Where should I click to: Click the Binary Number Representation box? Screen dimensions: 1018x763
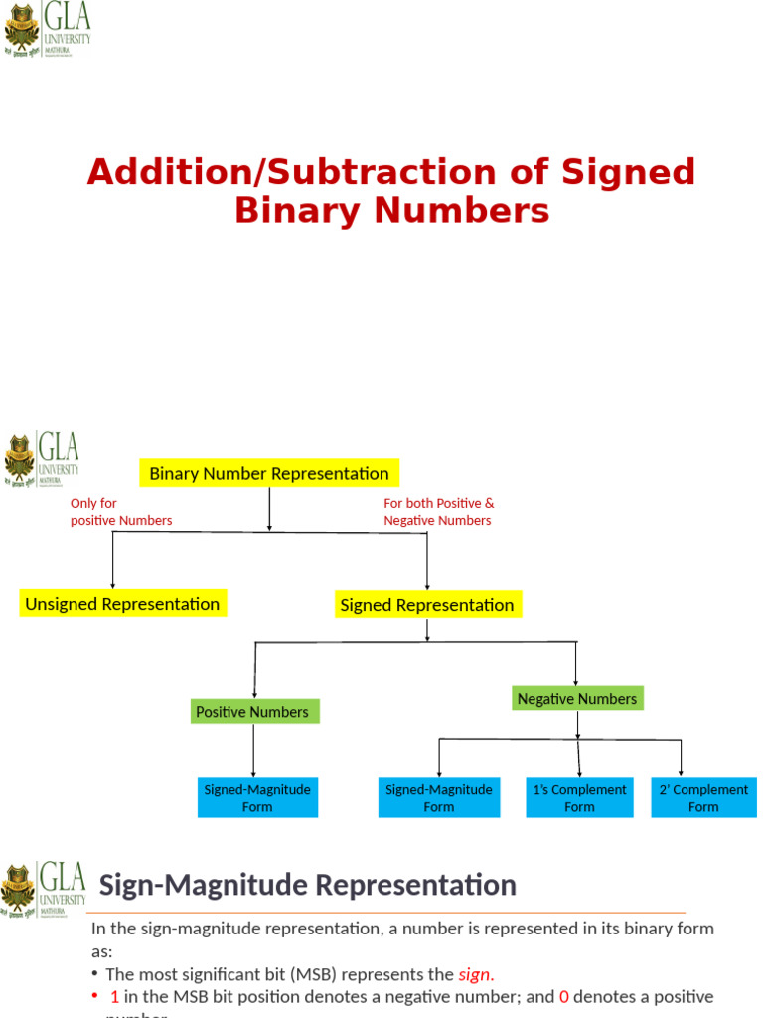269,473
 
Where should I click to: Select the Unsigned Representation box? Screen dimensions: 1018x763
122,604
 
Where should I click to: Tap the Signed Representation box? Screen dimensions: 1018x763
427,605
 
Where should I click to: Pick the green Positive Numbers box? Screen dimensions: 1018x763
252,712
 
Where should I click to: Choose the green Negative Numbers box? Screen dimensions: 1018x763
577,699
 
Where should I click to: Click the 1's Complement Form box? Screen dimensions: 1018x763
580,798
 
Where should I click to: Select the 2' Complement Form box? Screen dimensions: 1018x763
703,798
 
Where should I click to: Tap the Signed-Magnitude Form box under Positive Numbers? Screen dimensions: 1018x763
257,798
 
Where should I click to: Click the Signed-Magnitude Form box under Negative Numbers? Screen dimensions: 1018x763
439,798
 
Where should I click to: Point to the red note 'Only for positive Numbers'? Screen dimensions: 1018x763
120,512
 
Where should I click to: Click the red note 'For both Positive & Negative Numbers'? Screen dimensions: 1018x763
438,512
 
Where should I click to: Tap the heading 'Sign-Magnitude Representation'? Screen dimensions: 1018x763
308,885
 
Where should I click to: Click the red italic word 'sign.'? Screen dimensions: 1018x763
476,974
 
